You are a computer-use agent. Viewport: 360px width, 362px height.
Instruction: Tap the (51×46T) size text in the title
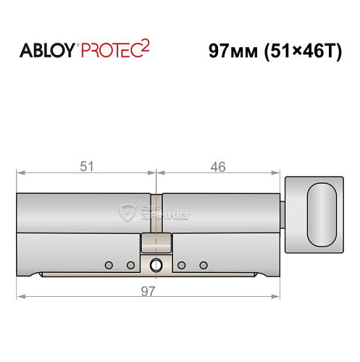click(299, 52)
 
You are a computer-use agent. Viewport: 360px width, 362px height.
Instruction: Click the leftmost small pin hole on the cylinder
click(109, 264)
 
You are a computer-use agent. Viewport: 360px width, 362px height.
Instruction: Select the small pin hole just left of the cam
click(130, 264)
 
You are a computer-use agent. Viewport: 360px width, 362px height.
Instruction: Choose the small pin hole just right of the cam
click(182, 264)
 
